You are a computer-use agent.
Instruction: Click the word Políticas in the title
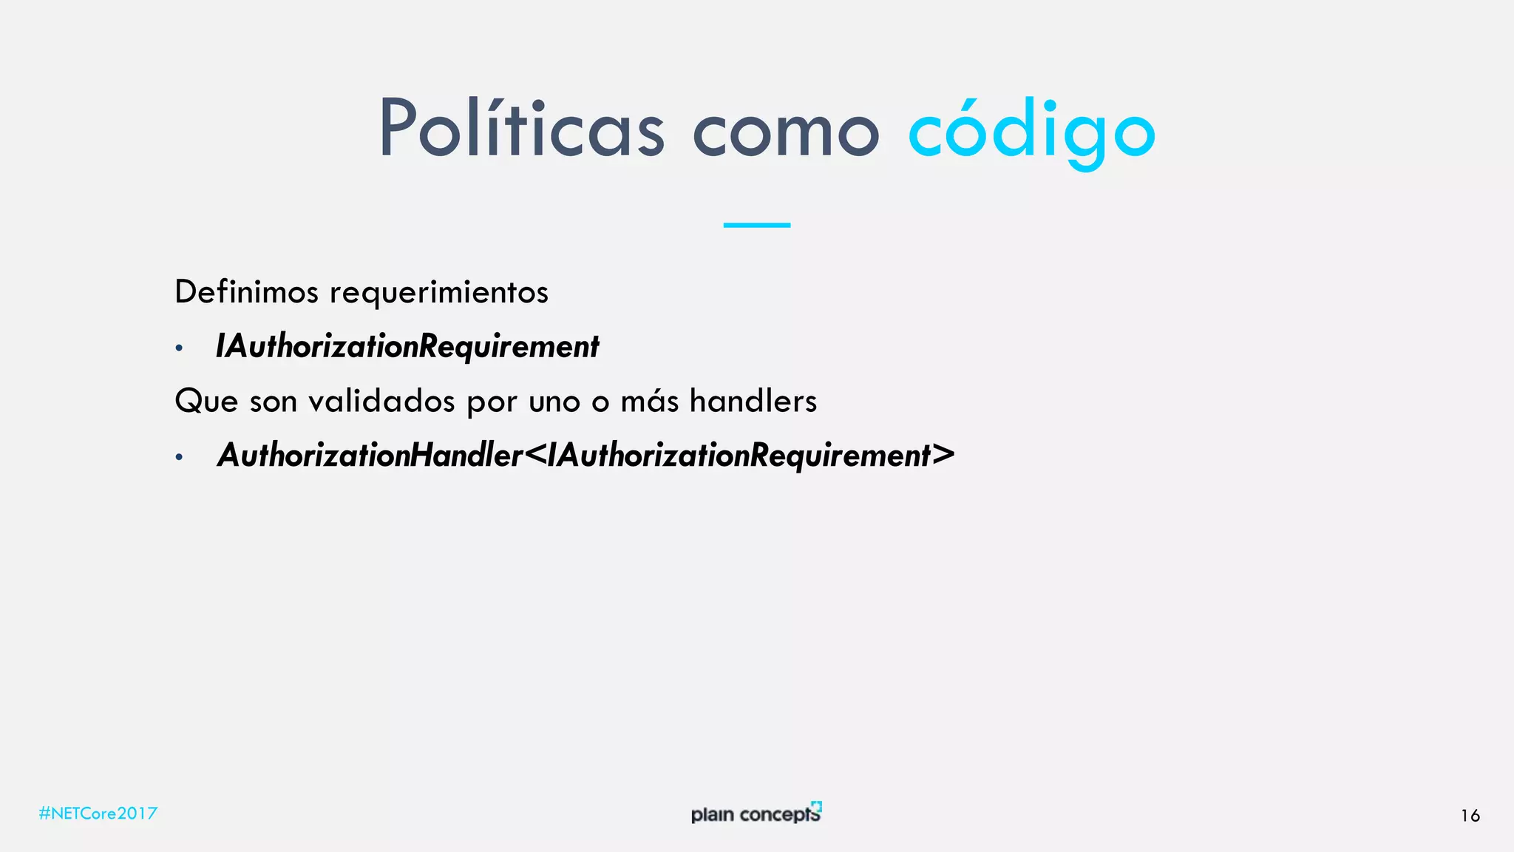click(521, 129)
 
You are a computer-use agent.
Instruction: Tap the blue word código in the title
click(1031, 132)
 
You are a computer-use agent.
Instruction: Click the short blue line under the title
click(756, 225)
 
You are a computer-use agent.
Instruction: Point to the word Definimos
click(246, 292)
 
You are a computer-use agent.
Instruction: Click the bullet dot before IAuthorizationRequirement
click(179, 348)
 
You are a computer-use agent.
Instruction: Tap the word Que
click(206, 402)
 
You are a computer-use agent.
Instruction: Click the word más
click(649, 402)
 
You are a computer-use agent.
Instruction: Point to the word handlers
click(753, 402)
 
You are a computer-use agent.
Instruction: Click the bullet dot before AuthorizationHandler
click(179, 457)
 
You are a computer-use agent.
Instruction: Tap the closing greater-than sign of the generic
click(943, 455)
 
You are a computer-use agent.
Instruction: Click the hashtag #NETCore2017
click(98, 814)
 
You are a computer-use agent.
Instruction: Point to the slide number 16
click(1470, 816)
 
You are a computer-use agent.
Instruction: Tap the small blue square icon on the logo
click(816, 806)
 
